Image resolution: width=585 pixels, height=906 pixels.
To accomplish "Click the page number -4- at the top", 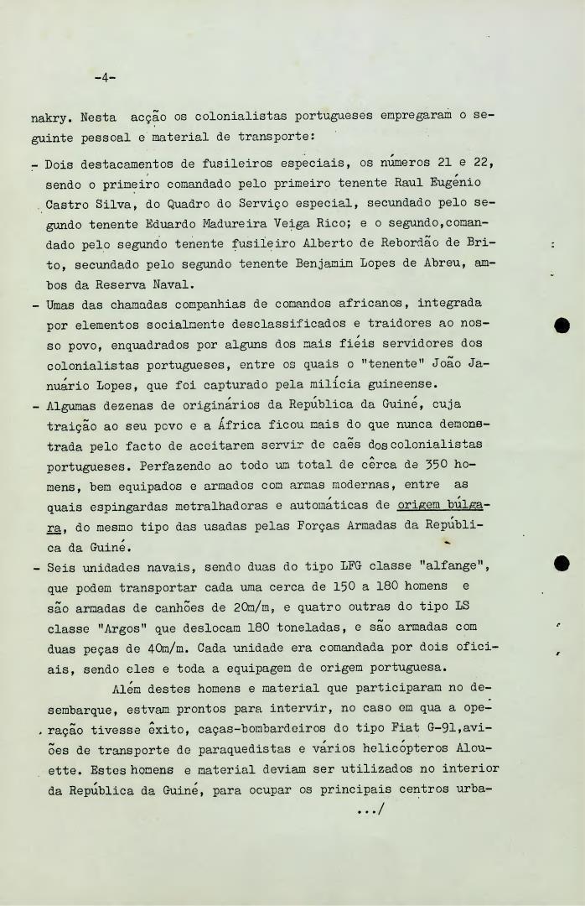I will coord(105,78).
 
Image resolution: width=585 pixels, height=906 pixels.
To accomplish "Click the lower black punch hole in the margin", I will coord(562,564).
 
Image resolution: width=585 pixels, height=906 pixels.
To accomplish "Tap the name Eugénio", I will coord(456,182).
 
